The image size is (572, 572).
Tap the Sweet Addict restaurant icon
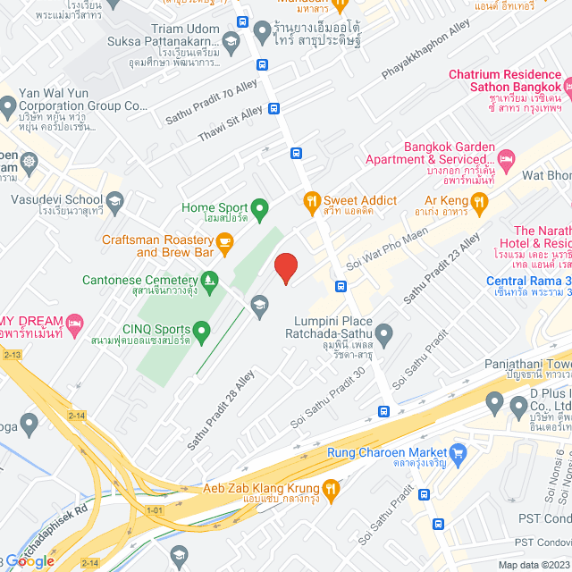[x=312, y=201]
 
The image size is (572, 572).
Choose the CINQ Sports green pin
[x=202, y=333]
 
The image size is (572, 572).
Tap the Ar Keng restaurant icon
[x=479, y=202]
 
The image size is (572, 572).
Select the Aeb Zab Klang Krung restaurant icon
[x=331, y=488]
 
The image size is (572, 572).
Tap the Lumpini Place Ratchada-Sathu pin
[x=384, y=336]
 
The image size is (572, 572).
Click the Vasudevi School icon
[x=114, y=201]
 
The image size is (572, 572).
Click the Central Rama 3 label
[x=528, y=282]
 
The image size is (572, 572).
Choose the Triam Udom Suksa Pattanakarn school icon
[x=231, y=41]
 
